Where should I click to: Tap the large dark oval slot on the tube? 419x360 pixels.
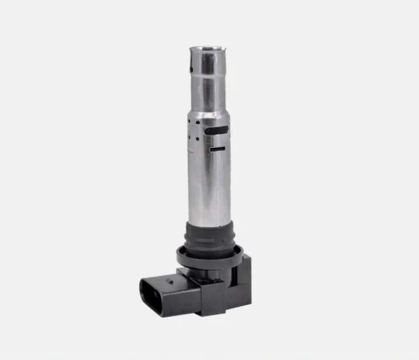[x=216, y=130]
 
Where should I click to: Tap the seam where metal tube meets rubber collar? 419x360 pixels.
[x=209, y=223]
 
